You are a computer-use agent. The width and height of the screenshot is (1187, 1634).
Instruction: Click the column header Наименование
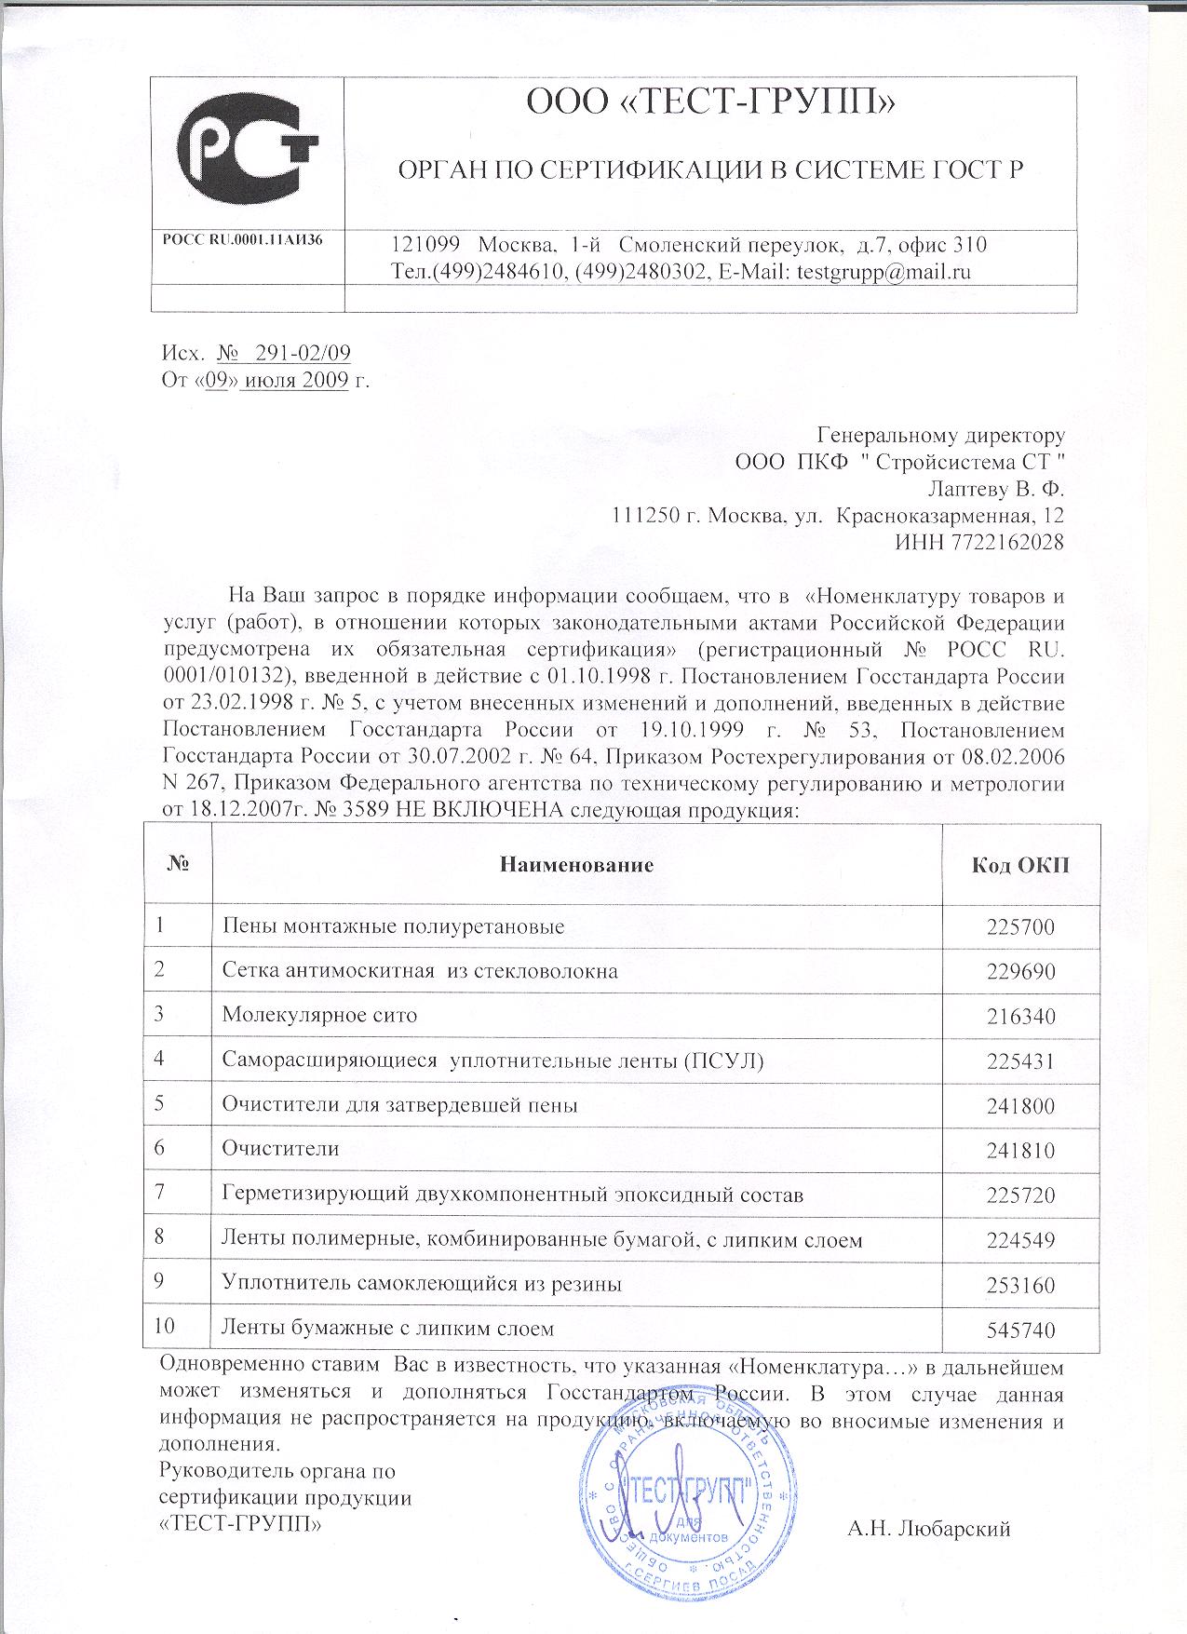(x=577, y=864)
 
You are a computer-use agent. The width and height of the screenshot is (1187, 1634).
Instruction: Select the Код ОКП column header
(x=1020, y=864)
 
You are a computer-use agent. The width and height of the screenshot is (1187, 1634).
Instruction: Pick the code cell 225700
(x=1020, y=927)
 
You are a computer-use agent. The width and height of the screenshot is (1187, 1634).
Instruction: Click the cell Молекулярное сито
(x=319, y=1015)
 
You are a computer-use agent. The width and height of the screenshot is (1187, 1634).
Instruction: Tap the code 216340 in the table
(x=1020, y=1016)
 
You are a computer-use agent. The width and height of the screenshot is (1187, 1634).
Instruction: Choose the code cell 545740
(x=1020, y=1330)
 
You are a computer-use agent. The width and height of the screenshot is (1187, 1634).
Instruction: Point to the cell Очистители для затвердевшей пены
(x=399, y=1105)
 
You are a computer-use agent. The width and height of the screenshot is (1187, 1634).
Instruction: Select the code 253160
(x=1020, y=1286)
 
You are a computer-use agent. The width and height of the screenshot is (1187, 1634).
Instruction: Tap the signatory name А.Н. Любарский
(x=928, y=1528)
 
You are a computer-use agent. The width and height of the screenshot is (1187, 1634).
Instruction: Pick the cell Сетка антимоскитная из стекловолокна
(x=420, y=971)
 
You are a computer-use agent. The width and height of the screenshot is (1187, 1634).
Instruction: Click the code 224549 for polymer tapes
(x=1020, y=1241)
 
